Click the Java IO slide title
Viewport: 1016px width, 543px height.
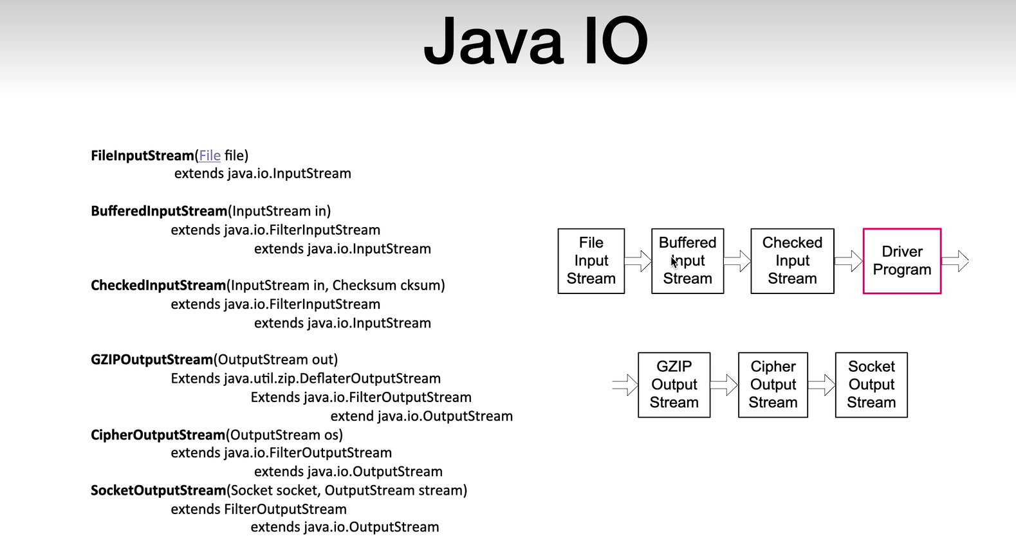[535, 41]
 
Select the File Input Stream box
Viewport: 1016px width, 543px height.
[591, 261]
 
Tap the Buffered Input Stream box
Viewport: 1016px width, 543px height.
[688, 261]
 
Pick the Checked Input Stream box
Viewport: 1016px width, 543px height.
[792, 261]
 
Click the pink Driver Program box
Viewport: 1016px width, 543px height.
[902, 261]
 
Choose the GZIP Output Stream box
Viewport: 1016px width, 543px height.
[674, 385]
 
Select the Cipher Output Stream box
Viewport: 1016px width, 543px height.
[773, 385]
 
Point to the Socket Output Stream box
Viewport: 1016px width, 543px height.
[871, 385]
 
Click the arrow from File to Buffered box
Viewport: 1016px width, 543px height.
[638, 261]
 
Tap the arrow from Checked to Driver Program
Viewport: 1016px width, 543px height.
[849, 261]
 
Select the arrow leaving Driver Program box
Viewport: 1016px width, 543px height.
[956, 261]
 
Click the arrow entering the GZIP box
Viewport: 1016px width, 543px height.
[625, 385]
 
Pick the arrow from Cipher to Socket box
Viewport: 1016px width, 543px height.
[822, 385]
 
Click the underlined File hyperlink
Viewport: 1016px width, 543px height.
[210, 156]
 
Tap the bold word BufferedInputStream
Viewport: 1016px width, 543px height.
[159, 211]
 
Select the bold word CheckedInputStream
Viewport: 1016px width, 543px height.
[158, 286]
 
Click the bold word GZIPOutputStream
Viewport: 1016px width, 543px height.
[152, 360]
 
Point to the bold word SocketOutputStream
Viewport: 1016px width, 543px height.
[158, 490]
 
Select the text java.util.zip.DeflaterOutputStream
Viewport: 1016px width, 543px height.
[332, 378]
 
